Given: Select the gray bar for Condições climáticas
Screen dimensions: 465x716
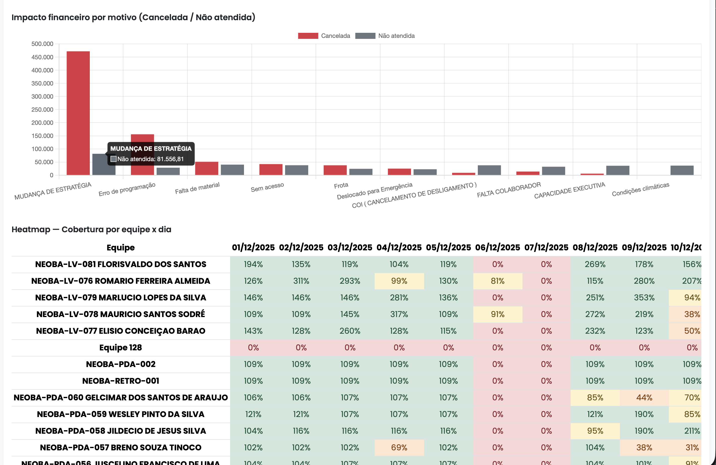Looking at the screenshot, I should pyautogui.click(x=682, y=170).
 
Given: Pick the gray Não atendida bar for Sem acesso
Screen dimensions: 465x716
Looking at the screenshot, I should pyautogui.click(x=296, y=170).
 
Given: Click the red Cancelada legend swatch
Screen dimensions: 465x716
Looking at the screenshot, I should pyautogui.click(x=308, y=36).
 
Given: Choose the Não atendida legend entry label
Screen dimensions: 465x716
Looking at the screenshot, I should pyautogui.click(x=396, y=36).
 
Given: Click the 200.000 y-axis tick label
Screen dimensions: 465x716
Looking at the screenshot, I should pyautogui.click(x=42, y=123).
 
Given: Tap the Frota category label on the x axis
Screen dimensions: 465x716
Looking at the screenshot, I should pyautogui.click(x=341, y=185).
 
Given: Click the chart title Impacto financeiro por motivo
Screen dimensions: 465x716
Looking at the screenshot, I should pyautogui.click(x=133, y=17).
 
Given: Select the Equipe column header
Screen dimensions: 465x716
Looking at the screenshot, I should pyautogui.click(x=121, y=247).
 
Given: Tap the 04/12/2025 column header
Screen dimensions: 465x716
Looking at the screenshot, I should pyautogui.click(x=399, y=247).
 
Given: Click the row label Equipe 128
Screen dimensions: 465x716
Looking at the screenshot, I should pyautogui.click(x=121, y=348).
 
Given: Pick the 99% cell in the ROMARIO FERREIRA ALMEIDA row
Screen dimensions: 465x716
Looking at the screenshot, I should pyautogui.click(x=399, y=281).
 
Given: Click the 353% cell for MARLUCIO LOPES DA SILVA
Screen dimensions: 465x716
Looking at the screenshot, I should pyautogui.click(x=644, y=298).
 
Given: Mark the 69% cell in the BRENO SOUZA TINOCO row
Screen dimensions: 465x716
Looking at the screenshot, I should pyautogui.click(x=399, y=448).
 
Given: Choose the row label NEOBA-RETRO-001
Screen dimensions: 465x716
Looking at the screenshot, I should pyautogui.click(x=121, y=381).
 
